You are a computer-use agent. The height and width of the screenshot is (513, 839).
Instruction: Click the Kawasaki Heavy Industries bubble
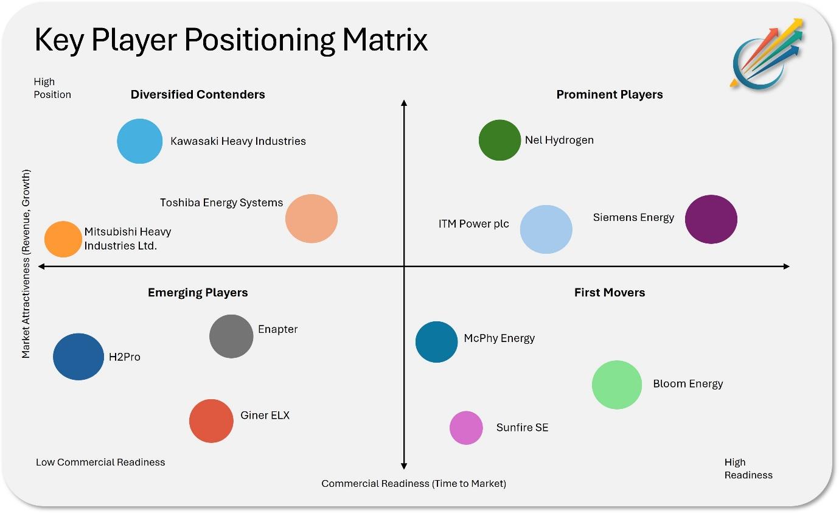tap(140, 141)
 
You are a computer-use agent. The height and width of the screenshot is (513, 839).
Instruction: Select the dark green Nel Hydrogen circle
tap(500, 140)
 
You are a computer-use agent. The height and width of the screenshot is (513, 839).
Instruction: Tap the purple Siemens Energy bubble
tap(711, 219)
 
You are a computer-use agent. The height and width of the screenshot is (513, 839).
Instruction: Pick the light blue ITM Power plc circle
tap(546, 229)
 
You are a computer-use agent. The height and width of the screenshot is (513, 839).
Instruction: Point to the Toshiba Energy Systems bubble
tap(312, 218)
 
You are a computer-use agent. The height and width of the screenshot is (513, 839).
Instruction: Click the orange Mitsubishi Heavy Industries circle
tap(63, 239)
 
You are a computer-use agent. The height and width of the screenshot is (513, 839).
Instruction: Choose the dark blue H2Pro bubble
tap(78, 357)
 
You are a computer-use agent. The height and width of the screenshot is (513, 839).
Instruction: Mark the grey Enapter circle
tap(231, 337)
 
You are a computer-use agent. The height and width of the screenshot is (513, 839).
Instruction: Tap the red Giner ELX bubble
tap(211, 421)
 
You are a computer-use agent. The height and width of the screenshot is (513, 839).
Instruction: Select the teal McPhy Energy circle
tap(436, 342)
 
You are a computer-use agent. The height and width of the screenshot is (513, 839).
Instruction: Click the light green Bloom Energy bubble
tap(617, 385)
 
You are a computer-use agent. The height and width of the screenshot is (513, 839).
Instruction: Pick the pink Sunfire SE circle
tap(466, 428)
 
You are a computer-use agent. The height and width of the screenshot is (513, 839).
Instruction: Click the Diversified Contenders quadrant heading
tap(198, 94)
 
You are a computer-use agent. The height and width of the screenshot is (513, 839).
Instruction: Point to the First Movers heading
tap(610, 292)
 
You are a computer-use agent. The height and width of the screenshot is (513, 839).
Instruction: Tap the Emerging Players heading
tap(198, 292)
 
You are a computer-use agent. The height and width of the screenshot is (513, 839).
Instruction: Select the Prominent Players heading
tap(610, 94)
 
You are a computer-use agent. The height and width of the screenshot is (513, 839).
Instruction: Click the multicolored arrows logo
tap(767, 54)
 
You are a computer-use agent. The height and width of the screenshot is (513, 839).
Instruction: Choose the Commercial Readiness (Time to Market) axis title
tap(414, 483)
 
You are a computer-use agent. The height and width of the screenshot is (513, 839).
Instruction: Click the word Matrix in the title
tap(385, 40)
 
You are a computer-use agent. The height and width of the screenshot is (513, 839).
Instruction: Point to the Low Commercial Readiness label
tap(100, 462)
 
